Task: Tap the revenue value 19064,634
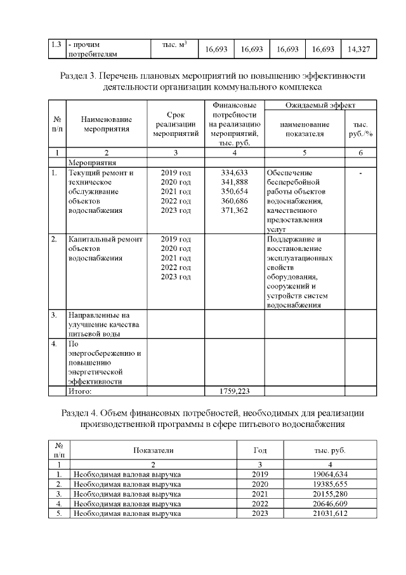[329, 475]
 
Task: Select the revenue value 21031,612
[329, 513]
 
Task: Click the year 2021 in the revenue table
[260, 494]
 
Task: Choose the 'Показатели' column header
[153, 450]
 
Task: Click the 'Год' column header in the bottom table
[260, 450]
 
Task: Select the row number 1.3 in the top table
[56, 45]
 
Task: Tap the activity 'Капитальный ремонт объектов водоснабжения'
[105, 248]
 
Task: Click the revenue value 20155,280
[329, 494]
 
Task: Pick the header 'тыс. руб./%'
[360, 129]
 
